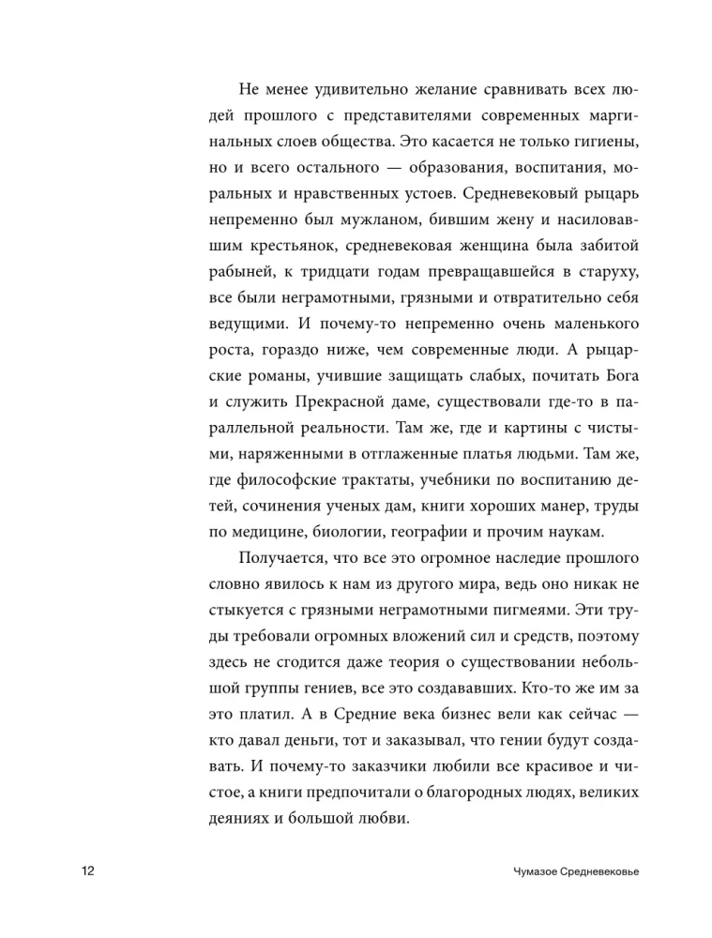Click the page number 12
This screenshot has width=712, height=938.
[88, 872]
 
